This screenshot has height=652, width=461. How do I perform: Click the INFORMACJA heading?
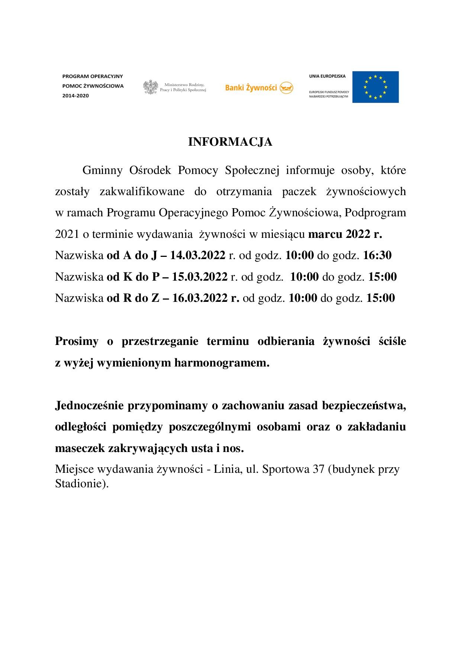click(x=230, y=142)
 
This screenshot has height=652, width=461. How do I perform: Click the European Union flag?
click(x=375, y=87)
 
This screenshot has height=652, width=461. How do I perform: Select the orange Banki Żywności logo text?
click(x=251, y=88)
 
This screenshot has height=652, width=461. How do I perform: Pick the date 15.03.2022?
click(x=200, y=277)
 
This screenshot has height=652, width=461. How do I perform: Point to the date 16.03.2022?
click(x=200, y=298)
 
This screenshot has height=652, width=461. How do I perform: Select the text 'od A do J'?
click(x=132, y=256)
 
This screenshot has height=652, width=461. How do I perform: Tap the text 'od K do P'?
click(x=133, y=277)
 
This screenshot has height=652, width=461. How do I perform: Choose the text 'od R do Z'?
click(x=133, y=298)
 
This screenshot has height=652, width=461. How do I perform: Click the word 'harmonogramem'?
click(x=222, y=363)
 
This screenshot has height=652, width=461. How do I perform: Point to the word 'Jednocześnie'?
click(x=89, y=406)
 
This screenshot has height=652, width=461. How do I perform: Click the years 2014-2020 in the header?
click(x=76, y=96)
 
